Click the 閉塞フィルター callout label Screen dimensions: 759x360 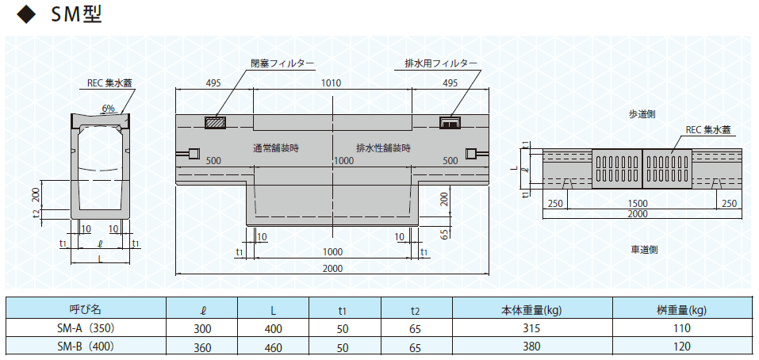point(282,63)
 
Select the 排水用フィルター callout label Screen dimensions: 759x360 point(441,63)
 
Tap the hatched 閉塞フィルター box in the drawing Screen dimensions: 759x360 point(216,122)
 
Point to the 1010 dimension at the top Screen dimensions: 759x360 point(332,82)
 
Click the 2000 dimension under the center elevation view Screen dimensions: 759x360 point(332,269)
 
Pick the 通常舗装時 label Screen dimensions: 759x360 point(275,148)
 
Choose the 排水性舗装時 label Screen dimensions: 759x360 point(383,148)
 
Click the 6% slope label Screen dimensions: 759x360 point(109,109)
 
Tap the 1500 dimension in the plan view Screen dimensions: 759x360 point(642,204)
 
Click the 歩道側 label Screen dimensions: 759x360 point(642,114)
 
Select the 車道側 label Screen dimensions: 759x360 point(644,250)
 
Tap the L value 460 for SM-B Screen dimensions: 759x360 point(274,347)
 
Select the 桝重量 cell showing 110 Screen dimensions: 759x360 point(681,328)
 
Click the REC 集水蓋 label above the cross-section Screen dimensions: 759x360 point(109,83)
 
